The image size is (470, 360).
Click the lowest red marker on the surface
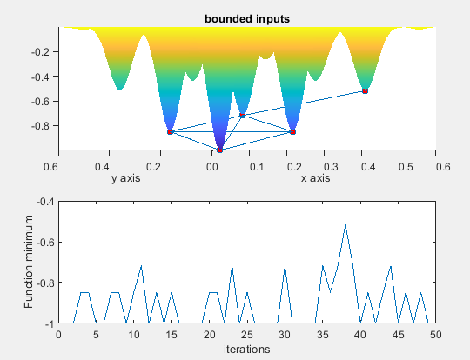[x=219, y=150]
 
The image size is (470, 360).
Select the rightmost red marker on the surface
[x=365, y=90]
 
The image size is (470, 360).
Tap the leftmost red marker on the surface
[x=170, y=131]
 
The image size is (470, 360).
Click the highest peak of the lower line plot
[x=346, y=224]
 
